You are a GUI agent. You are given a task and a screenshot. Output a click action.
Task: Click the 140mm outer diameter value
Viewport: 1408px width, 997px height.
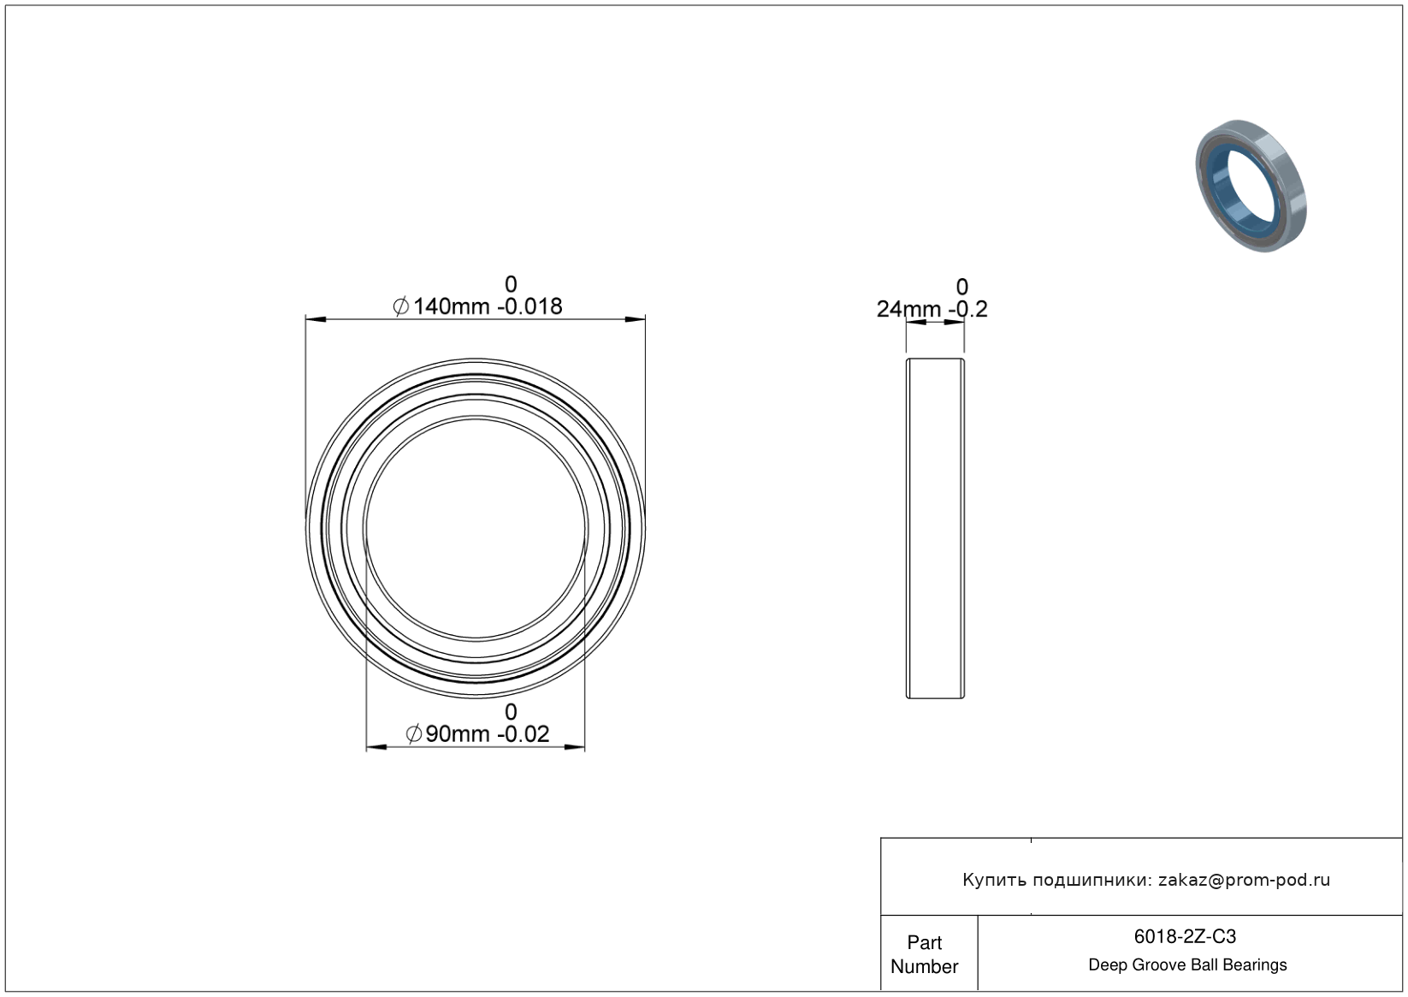451,306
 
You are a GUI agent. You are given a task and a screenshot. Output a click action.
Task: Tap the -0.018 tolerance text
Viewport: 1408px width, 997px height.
529,306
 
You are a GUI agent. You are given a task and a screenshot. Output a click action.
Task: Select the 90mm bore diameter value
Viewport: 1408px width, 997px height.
457,734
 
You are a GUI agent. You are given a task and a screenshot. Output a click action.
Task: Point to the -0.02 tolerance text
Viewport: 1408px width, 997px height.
523,734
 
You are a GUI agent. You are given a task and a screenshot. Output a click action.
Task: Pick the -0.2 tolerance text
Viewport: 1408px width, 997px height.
968,309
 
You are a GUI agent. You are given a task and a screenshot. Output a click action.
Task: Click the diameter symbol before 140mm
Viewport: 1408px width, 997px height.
400,306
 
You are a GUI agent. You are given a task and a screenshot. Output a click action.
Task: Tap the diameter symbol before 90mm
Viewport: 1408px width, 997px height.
414,734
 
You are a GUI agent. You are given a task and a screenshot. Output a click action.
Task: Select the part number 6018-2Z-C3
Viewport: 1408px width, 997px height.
1185,936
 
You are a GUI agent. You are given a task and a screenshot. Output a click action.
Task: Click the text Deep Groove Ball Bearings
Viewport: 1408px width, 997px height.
1187,965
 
